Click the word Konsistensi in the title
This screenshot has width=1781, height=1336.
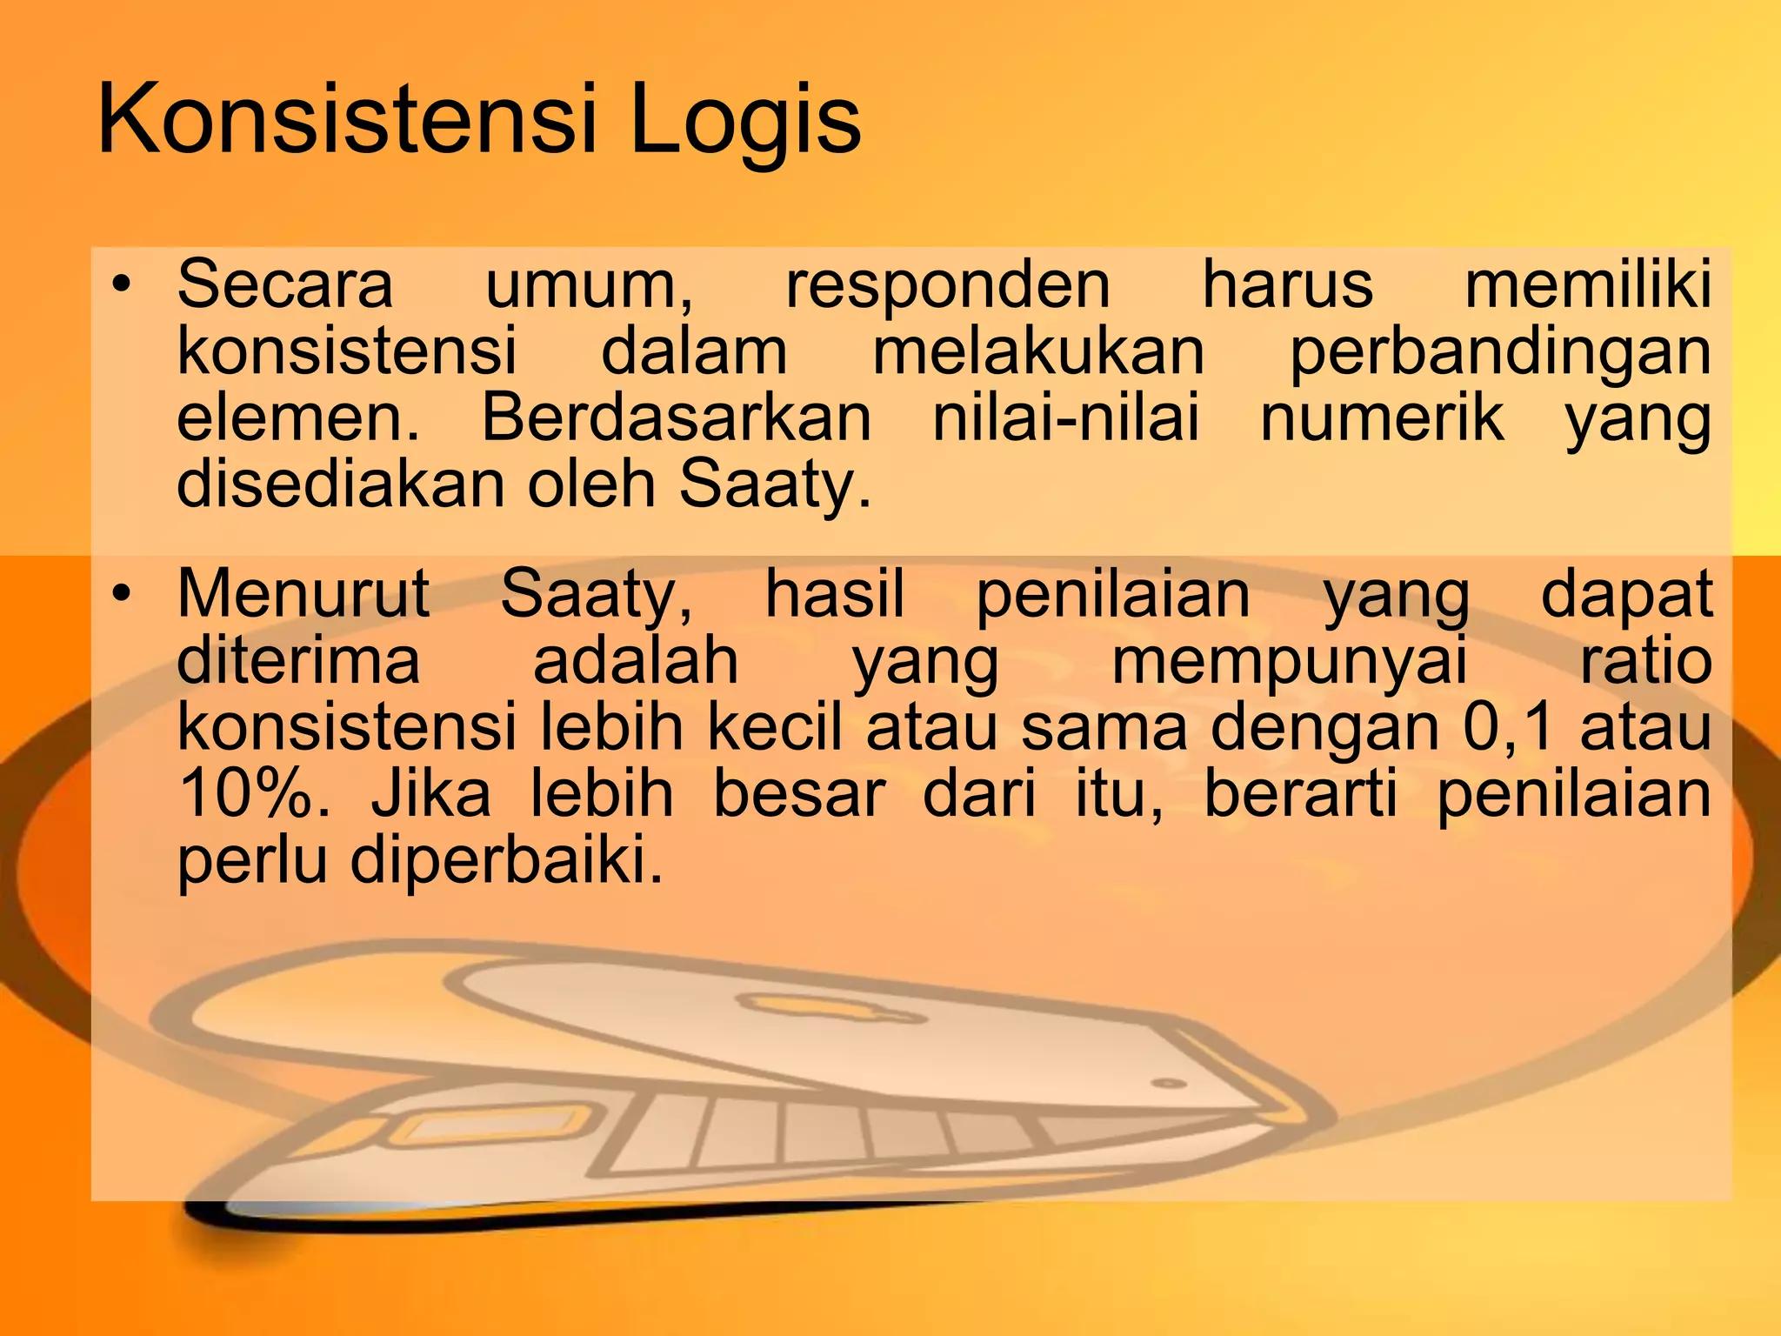click(x=349, y=119)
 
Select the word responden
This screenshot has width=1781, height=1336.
click(x=948, y=285)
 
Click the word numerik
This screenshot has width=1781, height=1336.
click(x=1382, y=419)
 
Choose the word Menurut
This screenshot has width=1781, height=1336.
click(x=303, y=593)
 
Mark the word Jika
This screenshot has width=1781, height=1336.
click(x=431, y=794)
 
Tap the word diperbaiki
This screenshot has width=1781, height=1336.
click(x=506, y=861)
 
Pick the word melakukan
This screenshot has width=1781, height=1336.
click(x=1038, y=351)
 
